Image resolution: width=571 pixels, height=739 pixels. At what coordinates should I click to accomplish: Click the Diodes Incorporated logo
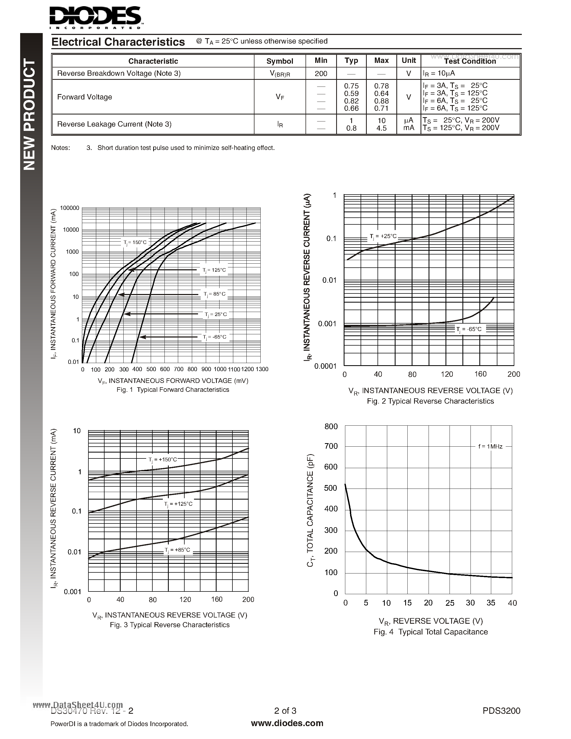coord(96,17)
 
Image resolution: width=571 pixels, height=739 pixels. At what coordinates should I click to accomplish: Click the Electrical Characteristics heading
coord(118,42)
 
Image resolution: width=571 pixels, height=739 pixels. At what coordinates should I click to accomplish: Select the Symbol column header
coord(279,61)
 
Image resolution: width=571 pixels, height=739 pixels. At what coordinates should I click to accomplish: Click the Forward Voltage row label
coord(85,97)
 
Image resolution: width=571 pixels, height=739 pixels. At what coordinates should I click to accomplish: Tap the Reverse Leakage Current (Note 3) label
coord(114,124)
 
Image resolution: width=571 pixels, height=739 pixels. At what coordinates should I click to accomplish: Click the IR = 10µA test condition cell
coord(439,73)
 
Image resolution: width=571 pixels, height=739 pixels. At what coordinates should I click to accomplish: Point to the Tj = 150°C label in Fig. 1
coord(135,242)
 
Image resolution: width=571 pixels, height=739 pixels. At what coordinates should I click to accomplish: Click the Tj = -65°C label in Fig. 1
coord(214,337)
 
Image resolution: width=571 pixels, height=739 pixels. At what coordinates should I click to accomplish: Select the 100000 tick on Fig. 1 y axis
coord(70,208)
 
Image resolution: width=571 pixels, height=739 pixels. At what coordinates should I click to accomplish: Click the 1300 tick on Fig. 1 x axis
coord(261,369)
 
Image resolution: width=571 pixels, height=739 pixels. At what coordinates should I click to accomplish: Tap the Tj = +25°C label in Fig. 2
coord(383,236)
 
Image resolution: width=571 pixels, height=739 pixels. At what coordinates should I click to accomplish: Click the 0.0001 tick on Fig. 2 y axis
coord(325,366)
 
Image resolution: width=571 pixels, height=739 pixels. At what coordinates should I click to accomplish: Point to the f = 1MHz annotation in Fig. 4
coord(490,447)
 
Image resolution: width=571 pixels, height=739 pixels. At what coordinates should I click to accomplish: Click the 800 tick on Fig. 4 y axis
coord(331,426)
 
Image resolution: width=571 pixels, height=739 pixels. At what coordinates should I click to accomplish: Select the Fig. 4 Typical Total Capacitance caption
coord(431,632)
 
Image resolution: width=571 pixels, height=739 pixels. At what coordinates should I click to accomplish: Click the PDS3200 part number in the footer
coord(501,711)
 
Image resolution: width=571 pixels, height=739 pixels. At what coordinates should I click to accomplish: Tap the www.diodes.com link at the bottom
coord(287,723)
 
